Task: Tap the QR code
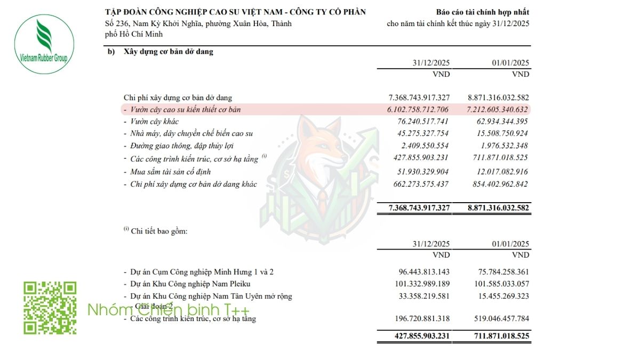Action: point(50,308)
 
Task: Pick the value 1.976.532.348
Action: point(503,146)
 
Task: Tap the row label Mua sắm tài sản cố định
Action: point(170,172)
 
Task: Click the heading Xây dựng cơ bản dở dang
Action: point(169,52)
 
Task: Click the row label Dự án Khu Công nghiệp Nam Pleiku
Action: point(190,284)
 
